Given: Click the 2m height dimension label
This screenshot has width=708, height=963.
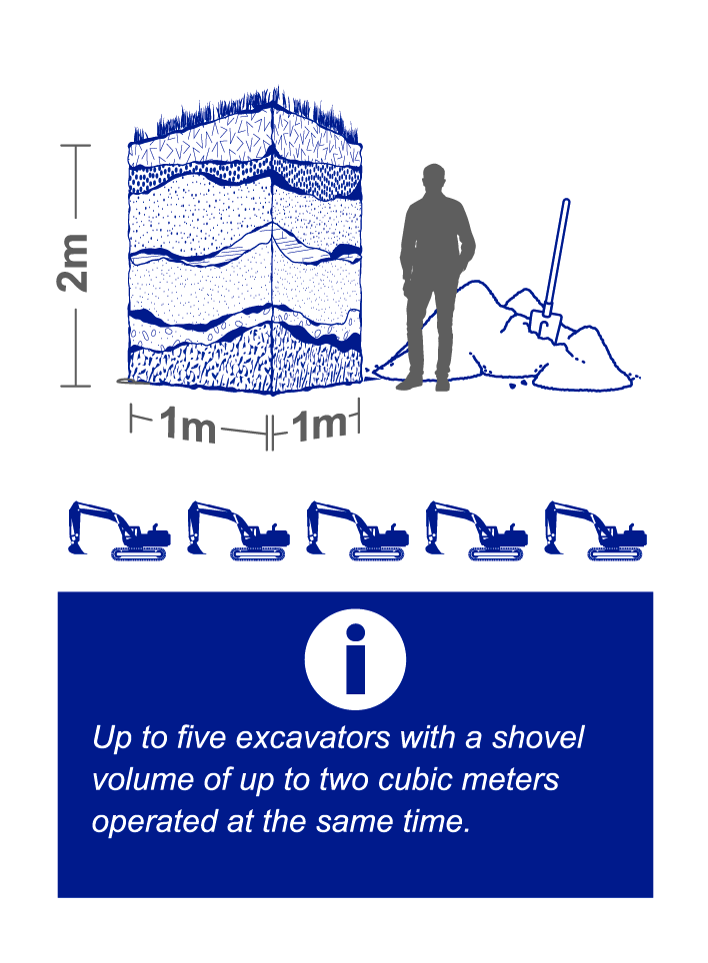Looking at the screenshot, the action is (x=73, y=263).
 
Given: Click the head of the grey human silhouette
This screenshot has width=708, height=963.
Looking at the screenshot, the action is (x=434, y=179).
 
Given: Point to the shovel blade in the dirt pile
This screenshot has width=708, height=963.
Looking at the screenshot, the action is (x=546, y=326).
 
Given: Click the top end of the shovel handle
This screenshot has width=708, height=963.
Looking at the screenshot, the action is (x=566, y=202).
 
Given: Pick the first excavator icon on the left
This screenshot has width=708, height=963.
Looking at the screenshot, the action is (x=119, y=530).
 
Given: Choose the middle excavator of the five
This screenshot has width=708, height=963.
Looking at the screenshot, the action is (x=357, y=530).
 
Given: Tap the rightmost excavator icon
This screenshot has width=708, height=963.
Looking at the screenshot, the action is (x=596, y=530).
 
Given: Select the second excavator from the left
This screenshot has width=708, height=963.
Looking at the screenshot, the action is (x=238, y=530).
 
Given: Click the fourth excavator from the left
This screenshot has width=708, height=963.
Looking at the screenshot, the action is (x=476, y=530).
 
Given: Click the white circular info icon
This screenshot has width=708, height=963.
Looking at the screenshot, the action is (x=355, y=659).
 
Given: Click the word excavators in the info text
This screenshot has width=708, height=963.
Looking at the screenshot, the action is (x=313, y=737).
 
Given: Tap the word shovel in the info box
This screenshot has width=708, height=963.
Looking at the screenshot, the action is (x=538, y=737).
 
